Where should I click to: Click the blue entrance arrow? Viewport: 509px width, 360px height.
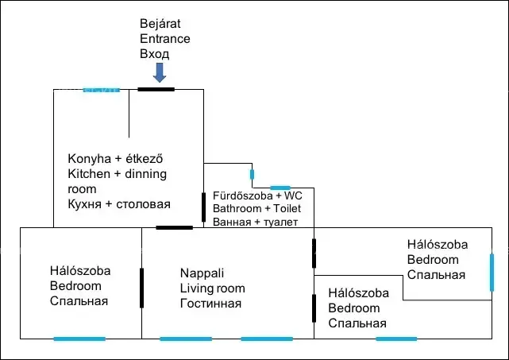pos(159,73)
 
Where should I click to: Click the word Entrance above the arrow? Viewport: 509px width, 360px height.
pos(164,38)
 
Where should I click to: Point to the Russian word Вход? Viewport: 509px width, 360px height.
pos(155,54)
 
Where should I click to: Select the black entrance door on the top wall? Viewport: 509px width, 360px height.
pos(156,89)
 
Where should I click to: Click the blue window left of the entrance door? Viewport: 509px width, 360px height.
pos(101,90)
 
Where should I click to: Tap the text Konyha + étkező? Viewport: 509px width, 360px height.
pos(120,158)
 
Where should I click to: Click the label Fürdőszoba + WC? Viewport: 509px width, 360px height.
pos(257,195)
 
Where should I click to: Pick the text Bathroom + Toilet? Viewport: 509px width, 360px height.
pos(262,208)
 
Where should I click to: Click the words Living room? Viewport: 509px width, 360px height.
pos(212,288)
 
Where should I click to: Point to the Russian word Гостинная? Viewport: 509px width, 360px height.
pos(210,304)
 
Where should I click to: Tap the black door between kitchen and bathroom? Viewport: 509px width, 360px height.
pos(204,207)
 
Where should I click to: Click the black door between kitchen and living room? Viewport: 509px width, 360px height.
pos(174,228)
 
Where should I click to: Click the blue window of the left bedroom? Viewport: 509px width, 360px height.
pos(79,339)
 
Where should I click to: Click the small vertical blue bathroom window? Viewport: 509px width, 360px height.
pos(252,174)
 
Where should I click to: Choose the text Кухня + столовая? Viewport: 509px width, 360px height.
pos(119,204)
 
